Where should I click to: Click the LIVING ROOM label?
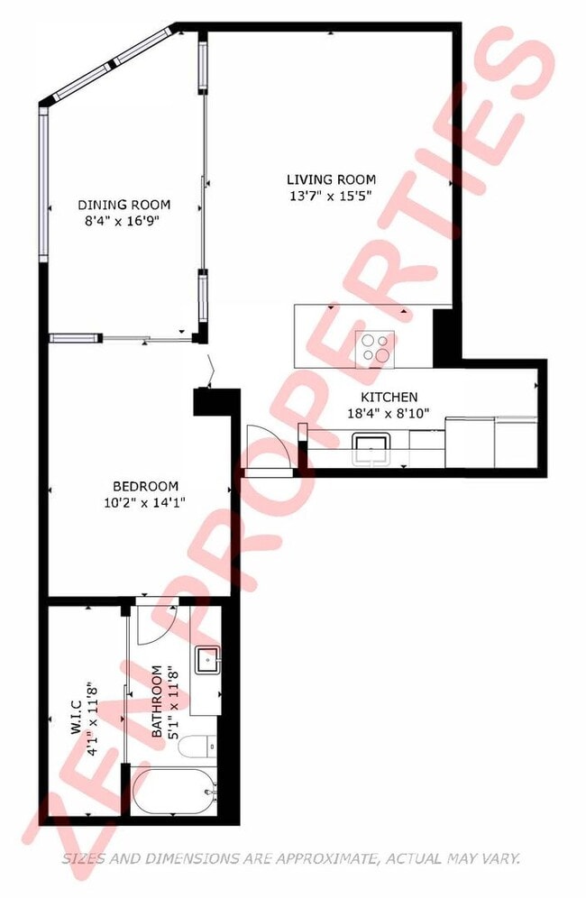click(x=331, y=179)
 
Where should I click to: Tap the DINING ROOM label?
click(x=124, y=205)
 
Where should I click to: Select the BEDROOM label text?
click(x=145, y=486)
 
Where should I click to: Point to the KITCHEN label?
click(x=389, y=397)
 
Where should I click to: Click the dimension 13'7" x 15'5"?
click(x=331, y=195)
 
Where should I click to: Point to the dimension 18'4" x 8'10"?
click(x=389, y=412)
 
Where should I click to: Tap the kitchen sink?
click(x=371, y=446)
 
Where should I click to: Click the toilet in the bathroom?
click(x=198, y=747)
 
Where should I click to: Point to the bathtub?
click(x=175, y=792)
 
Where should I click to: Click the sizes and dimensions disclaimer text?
click(x=291, y=859)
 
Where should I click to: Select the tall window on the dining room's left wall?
click(x=43, y=185)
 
